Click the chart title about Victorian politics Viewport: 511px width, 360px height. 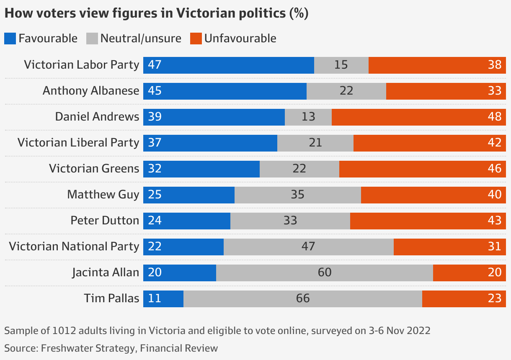pyautogui.click(x=156, y=13)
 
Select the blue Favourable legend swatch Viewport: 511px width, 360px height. pyautogui.click(x=10, y=39)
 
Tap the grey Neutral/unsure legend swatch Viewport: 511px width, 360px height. pyautogui.click(x=92, y=39)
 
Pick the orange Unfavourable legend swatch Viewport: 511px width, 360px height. pyautogui.click(x=196, y=39)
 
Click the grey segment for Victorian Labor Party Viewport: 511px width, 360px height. pyautogui.click(x=341, y=65)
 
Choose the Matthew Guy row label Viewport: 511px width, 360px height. pyautogui.click(x=103, y=195)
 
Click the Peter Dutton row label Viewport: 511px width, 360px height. pyautogui.click(x=105, y=221)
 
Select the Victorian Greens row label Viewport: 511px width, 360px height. pyautogui.click(x=94, y=169)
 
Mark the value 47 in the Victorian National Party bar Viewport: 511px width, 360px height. pyautogui.click(x=308, y=247)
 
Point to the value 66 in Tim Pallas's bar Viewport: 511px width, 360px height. pyautogui.click(x=303, y=298)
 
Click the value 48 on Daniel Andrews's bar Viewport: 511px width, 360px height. pyautogui.click(x=495, y=117)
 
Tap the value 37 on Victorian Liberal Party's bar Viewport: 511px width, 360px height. pyautogui.click(x=155, y=143)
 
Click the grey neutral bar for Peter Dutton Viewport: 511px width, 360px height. pyautogui.click(x=290, y=221)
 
